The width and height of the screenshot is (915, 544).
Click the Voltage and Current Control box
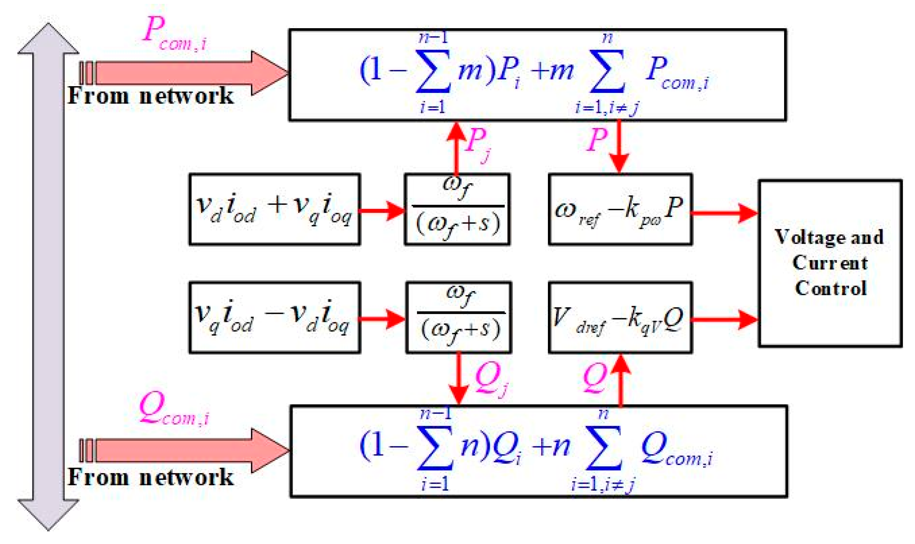pyautogui.click(x=829, y=263)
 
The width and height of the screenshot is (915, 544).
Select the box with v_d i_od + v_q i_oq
pyautogui.click(x=274, y=209)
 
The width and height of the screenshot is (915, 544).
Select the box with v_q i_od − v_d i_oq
pyautogui.click(x=274, y=317)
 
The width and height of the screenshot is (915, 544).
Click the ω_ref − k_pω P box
pyautogui.click(x=620, y=209)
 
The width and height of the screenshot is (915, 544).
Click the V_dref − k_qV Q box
pyautogui.click(x=620, y=317)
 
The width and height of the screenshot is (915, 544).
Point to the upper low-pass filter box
pyautogui.click(x=457, y=209)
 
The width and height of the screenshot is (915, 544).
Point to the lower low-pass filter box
pyautogui.click(x=458, y=317)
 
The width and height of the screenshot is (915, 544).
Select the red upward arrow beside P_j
pyautogui.click(x=456, y=147)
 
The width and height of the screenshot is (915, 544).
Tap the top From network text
pyautogui.click(x=150, y=96)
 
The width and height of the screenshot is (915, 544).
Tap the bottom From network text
pyautogui.click(x=150, y=477)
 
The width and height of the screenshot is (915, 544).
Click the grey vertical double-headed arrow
pyautogui.click(x=48, y=277)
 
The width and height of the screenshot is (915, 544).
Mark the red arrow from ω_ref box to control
pyautogui.click(x=724, y=213)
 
